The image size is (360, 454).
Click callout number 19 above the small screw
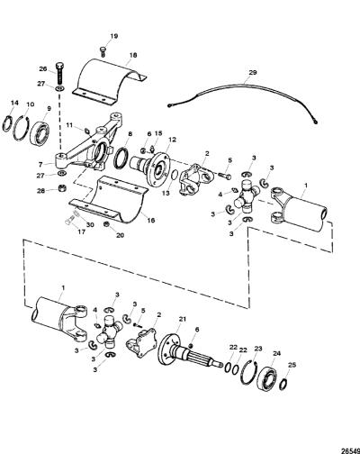pos(113,36)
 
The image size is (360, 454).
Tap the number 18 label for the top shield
pos(133,55)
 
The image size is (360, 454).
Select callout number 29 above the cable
pos(253,73)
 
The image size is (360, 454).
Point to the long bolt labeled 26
pos(59,73)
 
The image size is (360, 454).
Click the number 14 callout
pos(14,103)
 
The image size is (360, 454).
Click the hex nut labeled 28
pos(62,189)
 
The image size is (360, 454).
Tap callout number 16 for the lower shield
pos(151,220)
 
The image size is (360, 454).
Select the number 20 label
pos(120,235)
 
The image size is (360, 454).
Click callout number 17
pos(81,232)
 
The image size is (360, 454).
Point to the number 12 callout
pos(173,140)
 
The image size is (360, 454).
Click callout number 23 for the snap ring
pos(258,349)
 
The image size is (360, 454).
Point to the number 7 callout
pos(41,165)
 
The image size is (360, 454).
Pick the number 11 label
pos(69,125)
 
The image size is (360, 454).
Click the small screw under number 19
pos(103,51)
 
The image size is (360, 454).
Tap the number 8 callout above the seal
pos(130,134)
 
